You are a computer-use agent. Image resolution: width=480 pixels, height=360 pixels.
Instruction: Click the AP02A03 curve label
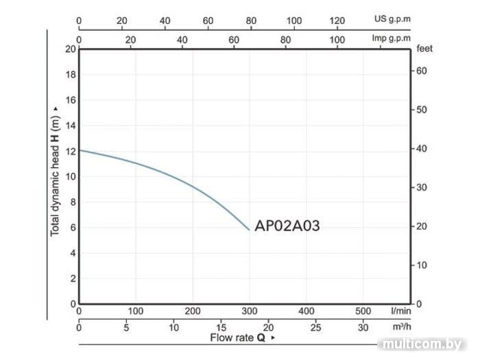(x=287, y=227)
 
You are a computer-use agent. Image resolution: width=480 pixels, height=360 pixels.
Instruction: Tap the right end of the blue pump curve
(x=250, y=230)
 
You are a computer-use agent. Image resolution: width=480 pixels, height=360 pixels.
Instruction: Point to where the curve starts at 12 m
(x=80, y=150)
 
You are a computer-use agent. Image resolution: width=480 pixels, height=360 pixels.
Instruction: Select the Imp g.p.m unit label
(x=392, y=38)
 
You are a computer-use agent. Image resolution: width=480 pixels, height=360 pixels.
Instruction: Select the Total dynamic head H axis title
(x=56, y=176)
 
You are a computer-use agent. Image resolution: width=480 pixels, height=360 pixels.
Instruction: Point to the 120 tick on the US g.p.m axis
(x=337, y=21)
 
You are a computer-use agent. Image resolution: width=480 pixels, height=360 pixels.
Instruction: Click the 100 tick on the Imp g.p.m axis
(x=337, y=40)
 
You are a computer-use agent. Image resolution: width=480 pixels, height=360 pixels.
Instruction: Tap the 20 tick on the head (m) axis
(x=69, y=49)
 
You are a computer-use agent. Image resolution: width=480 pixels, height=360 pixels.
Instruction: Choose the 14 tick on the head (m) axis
(x=69, y=125)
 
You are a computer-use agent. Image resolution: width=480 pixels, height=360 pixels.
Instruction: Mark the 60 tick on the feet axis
(x=423, y=71)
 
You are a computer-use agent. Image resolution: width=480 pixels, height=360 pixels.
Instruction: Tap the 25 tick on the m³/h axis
(x=316, y=327)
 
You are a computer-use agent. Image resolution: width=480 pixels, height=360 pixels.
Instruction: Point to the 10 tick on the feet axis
(x=423, y=265)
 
